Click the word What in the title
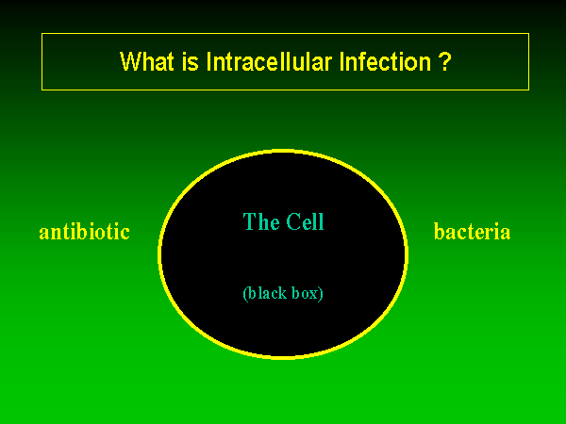click(x=146, y=61)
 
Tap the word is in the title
click(x=191, y=61)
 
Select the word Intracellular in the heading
click(x=269, y=61)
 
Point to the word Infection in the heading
click(x=385, y=61)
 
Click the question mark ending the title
click(x=445, y=61)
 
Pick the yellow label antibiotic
click(x=85, y=232)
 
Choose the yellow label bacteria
click(x=473, y=232)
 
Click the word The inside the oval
click(x=261, y=221)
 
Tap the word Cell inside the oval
click(x=306, y=221)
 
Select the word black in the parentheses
click(x=267, y=293)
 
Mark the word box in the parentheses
click(x=306, y=293)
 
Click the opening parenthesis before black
click(x=245, y=294)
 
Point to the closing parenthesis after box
click(x=322, y=294)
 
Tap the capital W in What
click(x=130, y=61)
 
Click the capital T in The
click(x=249, y=221)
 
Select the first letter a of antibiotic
click(x=43, y=234)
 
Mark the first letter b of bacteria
click(x=439, y=232)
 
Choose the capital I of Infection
click(x=341, y=61)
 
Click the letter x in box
click(x=315, y=295)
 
